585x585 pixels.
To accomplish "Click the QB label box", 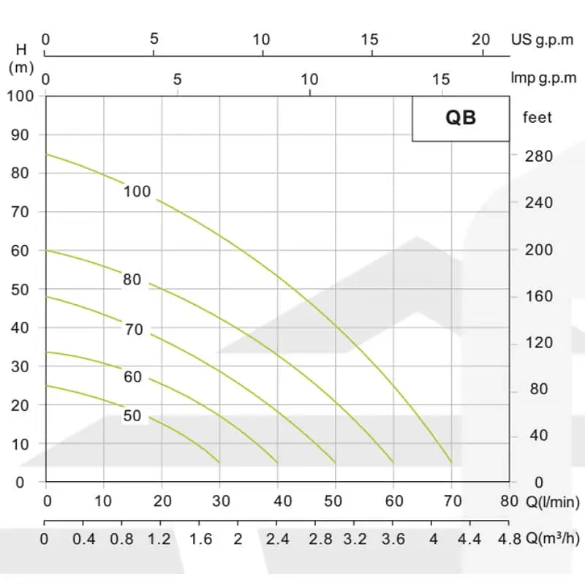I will coord(461,118).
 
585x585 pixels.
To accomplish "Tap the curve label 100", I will coord(137,192).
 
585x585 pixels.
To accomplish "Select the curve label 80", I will coord(132,279).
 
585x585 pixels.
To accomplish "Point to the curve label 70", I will coord(134,330).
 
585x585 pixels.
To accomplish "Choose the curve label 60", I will coord(132,377).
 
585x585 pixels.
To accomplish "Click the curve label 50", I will coord(132,416).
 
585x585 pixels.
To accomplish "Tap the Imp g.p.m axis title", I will coord(543,78).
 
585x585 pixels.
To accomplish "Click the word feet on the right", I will coord(537,117).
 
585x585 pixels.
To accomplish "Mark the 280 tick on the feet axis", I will coord(539,156).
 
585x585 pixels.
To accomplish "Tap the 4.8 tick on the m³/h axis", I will coord(509,540).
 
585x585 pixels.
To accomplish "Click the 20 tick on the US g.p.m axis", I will coord(480,39).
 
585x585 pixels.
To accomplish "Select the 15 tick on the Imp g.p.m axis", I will coord(442,78).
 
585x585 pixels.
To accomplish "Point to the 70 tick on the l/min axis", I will coord(452,502).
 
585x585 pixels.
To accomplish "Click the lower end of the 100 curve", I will coord(451,462).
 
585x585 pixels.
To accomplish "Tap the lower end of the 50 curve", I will coord(219,462).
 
